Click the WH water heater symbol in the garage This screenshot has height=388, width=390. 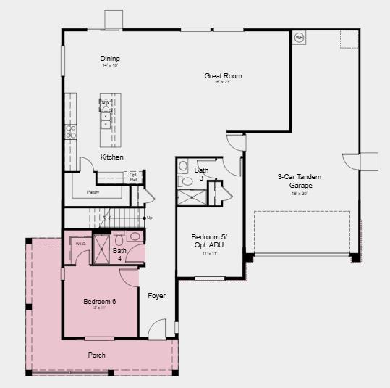[x=299, y=37]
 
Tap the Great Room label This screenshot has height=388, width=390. [x=223, y=76]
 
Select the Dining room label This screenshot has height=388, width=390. [x=110, y=59]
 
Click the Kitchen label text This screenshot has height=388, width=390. [x=111, y=157]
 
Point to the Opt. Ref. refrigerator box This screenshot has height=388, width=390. [x=134, y=176]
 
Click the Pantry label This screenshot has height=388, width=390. [x=93, y=192]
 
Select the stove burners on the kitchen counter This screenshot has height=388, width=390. [x=71, y=131]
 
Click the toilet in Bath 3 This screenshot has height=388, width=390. [x=183, y=166]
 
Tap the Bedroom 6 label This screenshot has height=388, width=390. [x=99, y=301]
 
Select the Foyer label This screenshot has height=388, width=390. [x=157, y=296]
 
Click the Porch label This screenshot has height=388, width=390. [x=97, y=355]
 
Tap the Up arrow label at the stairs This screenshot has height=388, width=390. [x=149, y=218]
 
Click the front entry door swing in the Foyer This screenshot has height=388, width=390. [x=158, y=330]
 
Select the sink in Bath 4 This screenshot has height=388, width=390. [x=135, y=236]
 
